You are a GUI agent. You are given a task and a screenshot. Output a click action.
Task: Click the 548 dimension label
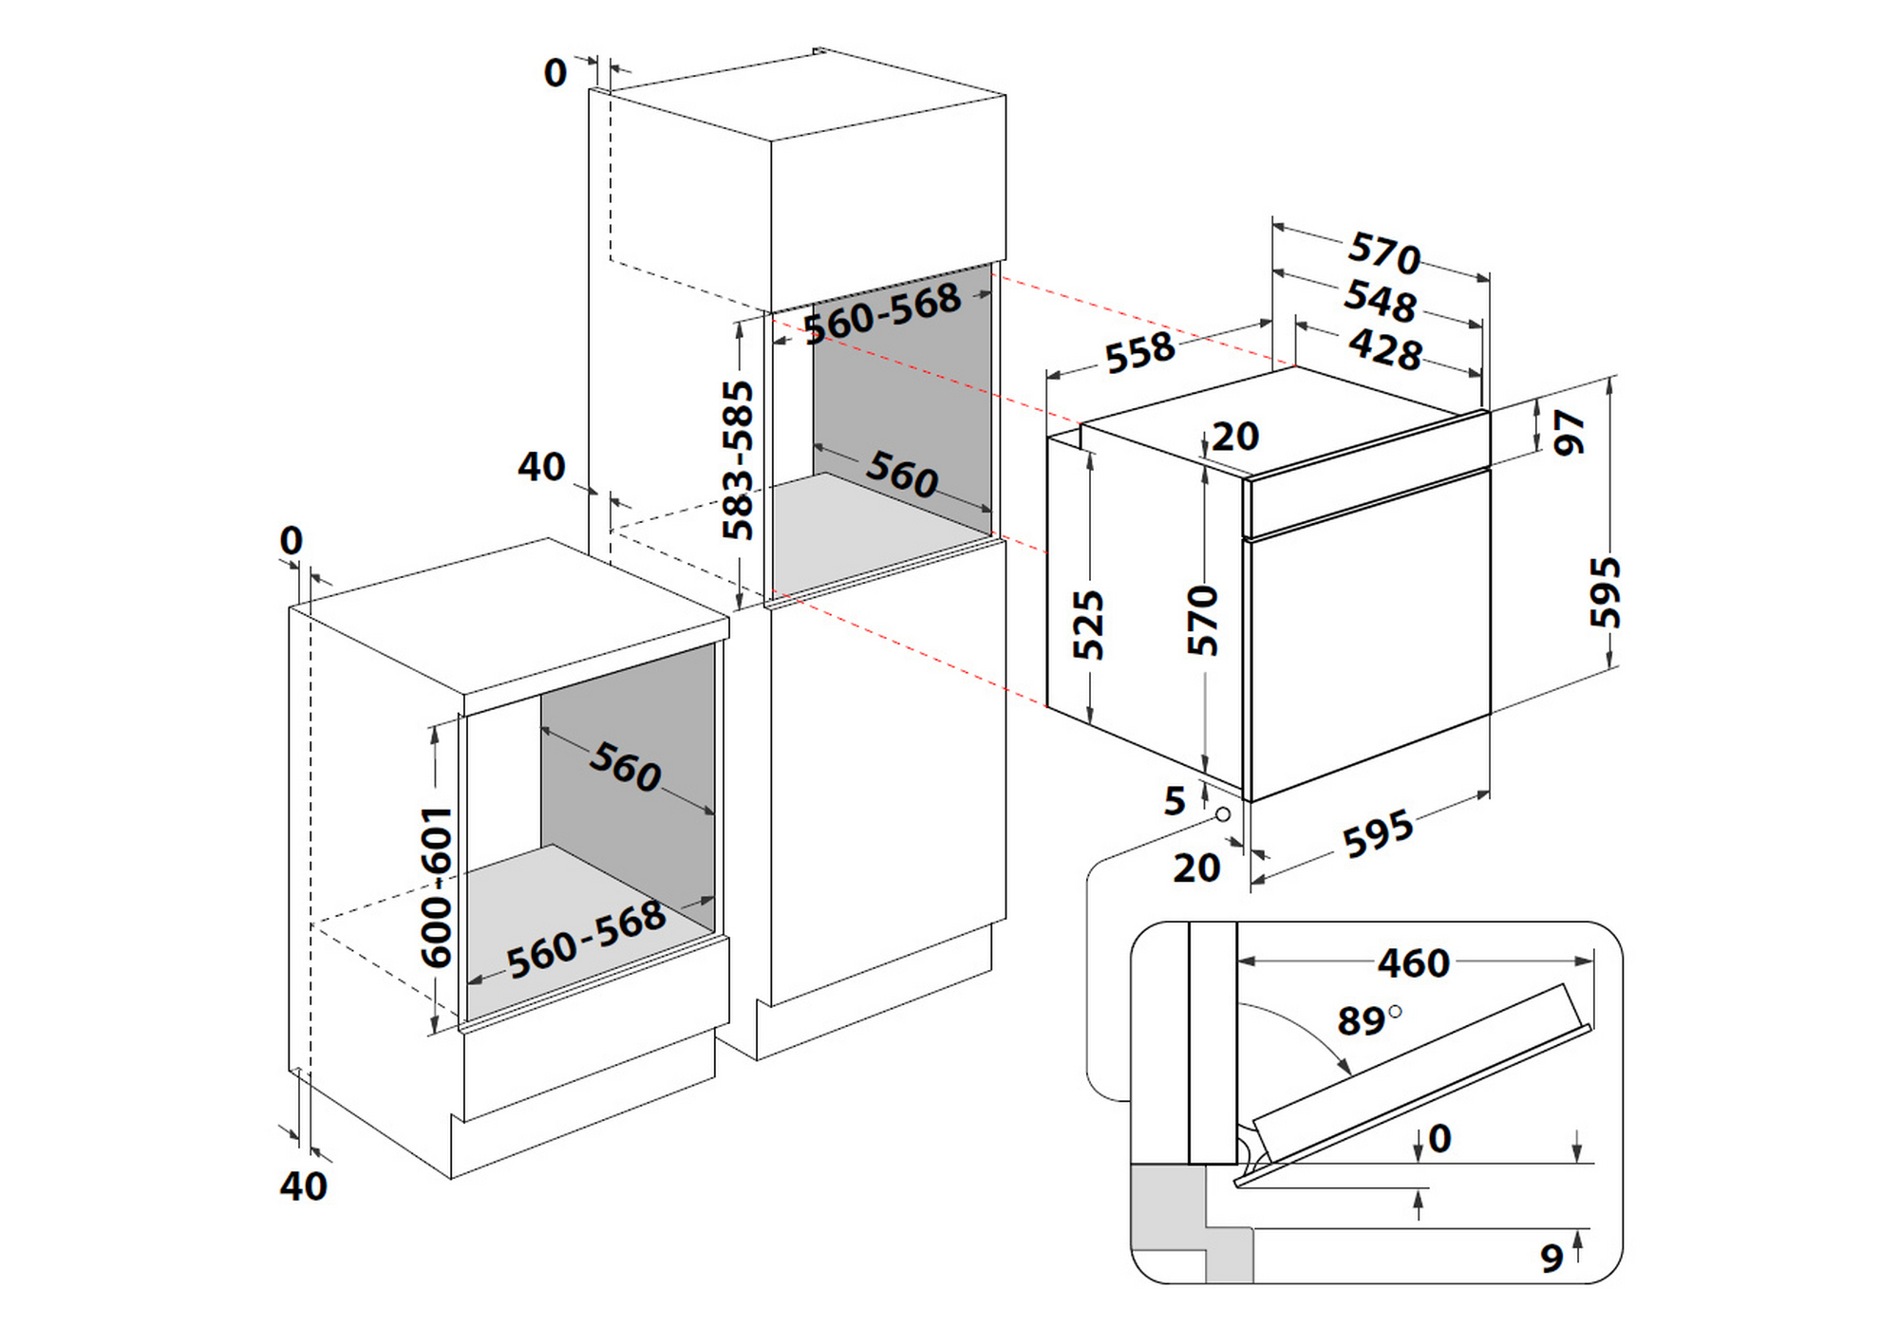click(1380, 301)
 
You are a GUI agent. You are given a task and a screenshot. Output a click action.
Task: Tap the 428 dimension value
click(1385, 348)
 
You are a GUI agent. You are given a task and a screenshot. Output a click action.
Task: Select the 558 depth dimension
click(1140, 352)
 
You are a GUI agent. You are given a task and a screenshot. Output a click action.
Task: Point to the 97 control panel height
click(1569, 432)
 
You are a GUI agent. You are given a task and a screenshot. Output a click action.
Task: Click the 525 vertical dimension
click(1089, 624)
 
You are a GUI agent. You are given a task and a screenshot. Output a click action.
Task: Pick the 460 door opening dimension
click(1413, 963)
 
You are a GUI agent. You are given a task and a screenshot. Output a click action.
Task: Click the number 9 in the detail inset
click(1551, 1258)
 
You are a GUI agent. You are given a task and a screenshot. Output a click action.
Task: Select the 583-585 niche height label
click(738, 459)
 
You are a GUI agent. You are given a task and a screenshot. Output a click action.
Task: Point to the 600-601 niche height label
click(438, 886)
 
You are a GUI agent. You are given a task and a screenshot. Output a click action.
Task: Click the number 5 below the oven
click(1175, 801)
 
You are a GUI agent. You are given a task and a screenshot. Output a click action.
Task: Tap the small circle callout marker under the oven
click(1223, 814)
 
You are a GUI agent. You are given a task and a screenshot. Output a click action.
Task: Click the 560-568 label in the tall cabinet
click(882, 313)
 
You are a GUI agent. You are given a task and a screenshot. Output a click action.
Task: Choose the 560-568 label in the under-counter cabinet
click(586, 939)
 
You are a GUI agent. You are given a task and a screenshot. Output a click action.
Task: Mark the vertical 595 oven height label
click(1606, 592)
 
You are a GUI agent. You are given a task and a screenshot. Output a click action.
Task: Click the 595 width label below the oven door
click(1377, 834)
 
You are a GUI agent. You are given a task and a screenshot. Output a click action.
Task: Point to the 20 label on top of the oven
click(1235, 437)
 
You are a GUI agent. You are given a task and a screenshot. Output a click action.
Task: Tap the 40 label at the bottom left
click(303, 1186)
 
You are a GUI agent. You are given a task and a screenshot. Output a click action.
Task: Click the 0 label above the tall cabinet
click(555, 73)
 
